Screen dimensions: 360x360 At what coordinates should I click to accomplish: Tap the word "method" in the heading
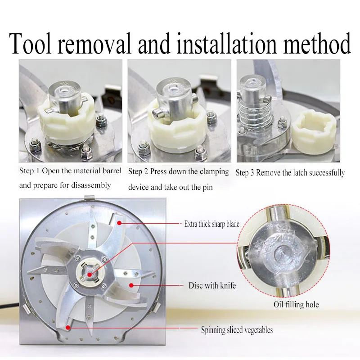pyautogui.click(x=317, y=43)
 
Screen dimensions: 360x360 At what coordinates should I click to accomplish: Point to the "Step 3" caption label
pyautogui.click(x=245, y=173)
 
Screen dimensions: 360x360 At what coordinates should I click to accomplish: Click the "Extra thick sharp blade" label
pyautogui.click(x=211, y=224)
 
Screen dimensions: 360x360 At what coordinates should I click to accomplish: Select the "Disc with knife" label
pyautogui.click(x=212, y=285)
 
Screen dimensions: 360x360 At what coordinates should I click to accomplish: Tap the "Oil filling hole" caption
pyautogui.click(x=296, y=305)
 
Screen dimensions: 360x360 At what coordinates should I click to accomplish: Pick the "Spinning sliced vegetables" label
pyautogui.click(x=237, y=330)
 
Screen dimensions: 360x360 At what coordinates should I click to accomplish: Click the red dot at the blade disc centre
pyautogui.click(x=90, y=274)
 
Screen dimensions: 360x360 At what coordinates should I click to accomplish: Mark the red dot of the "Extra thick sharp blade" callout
pyautogui.click(x=119, y=223)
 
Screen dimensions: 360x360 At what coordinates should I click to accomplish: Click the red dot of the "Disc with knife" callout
pyautogui.click(x=131, y=285)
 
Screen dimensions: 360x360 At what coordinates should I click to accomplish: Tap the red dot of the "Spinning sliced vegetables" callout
pyautogui.click(x=68, y=328)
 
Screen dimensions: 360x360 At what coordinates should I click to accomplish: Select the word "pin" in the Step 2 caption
pyautogui.click(x=207, y=187)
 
